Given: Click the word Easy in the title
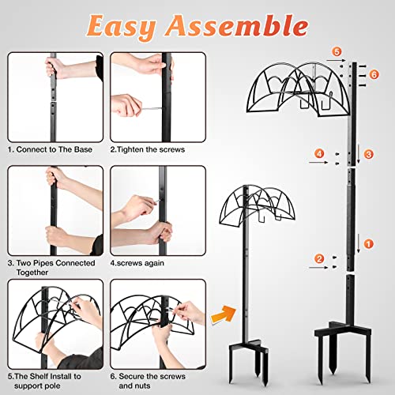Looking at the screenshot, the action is pos(122,27).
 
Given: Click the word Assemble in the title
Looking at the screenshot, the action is pos(237,25).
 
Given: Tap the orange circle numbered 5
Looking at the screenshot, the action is pos(337,51).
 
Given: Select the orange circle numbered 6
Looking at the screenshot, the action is pos(374,74).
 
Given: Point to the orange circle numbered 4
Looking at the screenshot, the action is pos(319,153).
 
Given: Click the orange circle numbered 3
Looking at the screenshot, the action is pos(369,154).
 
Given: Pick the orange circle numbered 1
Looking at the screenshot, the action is pos(369,244).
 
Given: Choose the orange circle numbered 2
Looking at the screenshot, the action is pos(319,259).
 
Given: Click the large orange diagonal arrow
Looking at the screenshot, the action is pos(224,314).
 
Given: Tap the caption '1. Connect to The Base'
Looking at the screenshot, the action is pos(50,149).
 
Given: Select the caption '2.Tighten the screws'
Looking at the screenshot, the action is pos(148,149).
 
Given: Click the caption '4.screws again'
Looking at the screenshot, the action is pos(137,263).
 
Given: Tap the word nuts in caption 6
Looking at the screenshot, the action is pos(142,386).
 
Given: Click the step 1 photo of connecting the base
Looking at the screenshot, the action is pos(55,97).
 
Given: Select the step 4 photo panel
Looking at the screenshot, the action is pos(158,210).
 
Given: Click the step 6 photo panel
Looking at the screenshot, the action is pos(158,324).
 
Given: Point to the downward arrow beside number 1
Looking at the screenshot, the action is pos(358,243).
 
